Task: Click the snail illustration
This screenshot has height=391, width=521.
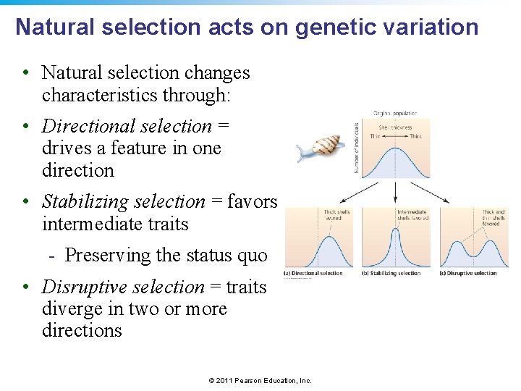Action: click(x=317, y=148)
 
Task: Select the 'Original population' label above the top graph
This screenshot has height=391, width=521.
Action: click(x=395, y=114)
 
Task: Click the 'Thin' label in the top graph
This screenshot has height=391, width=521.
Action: click(x=375, y=136)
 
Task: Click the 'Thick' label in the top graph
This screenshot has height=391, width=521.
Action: click(x=415, y=136)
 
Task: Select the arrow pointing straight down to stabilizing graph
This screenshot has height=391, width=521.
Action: click(x=395, y=191)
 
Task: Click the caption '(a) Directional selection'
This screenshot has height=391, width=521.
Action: click(x=313, y=273)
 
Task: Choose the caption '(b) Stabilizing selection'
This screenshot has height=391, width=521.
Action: click(x=391, y=273)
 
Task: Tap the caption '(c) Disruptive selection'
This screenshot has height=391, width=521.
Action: click(x=468, y=273)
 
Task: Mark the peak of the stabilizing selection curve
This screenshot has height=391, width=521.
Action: click(x=395, y=231)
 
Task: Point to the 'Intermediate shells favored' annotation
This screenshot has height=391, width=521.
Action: click(x=412, y=215)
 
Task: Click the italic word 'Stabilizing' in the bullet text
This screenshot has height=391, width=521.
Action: click(x=84, y=202)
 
